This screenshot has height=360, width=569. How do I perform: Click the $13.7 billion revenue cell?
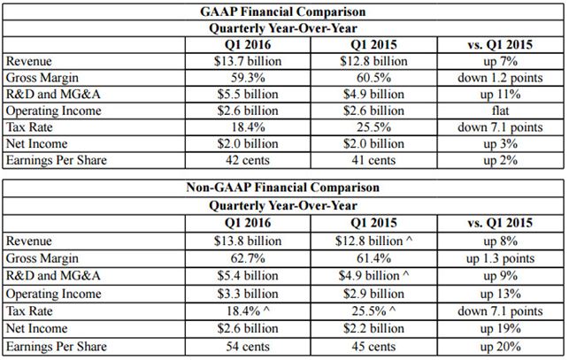[x=248, y=61]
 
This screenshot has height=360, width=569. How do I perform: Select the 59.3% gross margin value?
[x=248, y=78]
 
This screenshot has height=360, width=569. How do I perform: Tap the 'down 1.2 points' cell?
[x=500, y=78]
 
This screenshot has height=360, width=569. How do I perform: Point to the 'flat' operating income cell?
[x=500, y=111]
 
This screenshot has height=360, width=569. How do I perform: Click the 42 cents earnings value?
[x=248, y=160]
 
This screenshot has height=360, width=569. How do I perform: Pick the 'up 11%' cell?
[x=500, y=95]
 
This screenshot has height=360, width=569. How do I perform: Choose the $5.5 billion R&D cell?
[x=248, y=95]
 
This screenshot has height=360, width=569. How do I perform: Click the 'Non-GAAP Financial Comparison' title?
[x=282, y=188]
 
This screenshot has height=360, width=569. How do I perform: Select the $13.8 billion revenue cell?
[x=248, y=241]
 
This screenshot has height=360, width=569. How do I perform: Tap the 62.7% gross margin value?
[x=248, y=258]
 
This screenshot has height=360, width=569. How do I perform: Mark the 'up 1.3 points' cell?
[x=500, y=258]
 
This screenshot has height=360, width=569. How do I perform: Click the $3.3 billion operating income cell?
[x=248, y=294]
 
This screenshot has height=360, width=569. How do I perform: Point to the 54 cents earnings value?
[x=248, y=346]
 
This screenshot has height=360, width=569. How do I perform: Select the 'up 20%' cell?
[x=500, y=347]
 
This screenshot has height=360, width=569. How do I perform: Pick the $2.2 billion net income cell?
[x=373, y=328]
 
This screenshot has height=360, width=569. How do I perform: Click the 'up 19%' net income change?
[x=500, y=329]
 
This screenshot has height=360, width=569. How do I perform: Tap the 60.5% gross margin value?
[x=373, y=78]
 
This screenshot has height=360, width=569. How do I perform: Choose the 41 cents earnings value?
[x=373, y=160]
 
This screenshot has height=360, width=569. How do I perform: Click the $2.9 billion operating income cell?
[x=373, y=294]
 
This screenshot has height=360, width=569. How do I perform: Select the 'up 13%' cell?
[x=500, y=294]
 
